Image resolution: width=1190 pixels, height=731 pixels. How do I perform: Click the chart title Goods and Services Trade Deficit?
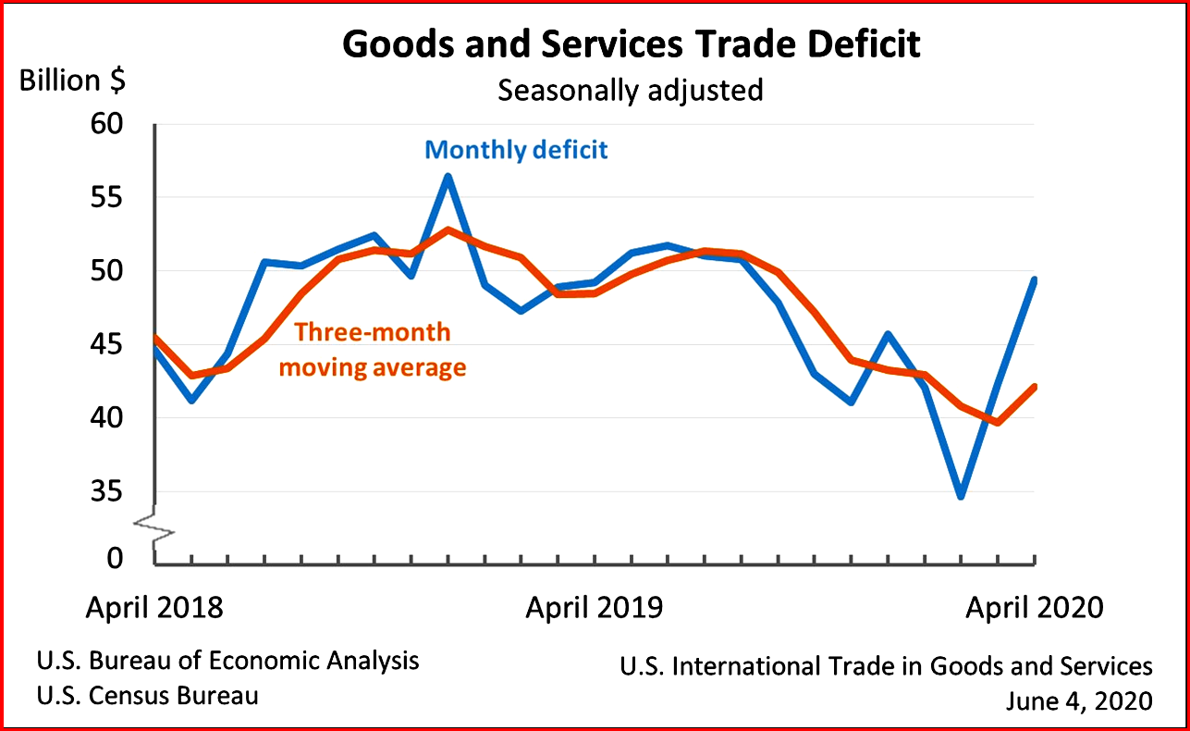coord(632,44)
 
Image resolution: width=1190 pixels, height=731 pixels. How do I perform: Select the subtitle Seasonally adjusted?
coord(631,91)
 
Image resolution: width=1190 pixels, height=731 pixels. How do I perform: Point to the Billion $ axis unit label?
coord(72,81)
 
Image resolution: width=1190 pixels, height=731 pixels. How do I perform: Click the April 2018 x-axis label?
coord(154,608)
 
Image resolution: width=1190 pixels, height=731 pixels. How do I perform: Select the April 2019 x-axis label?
coord(595,608)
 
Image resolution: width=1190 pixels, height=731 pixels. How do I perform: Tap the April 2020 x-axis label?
coord(1035,608)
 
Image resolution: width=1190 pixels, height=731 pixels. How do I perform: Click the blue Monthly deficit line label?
coord(516,150)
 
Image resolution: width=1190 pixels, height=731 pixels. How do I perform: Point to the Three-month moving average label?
coord(373,350)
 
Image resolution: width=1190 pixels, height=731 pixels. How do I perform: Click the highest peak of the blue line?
coord(448,176)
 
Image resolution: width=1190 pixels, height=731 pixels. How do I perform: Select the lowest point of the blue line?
coord(961,496)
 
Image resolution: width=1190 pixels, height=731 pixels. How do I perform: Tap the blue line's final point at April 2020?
coord(1034,279)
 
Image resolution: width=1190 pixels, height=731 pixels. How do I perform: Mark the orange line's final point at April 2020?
coord(1034,387)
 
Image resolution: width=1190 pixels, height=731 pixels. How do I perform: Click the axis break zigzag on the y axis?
coord(154,527)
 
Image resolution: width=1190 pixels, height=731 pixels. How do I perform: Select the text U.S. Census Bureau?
coord(148,695)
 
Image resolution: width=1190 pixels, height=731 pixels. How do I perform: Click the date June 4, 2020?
coord(1079,701)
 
